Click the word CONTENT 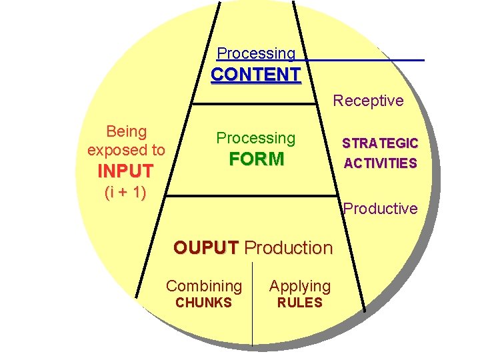click(256, 74)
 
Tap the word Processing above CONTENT click(256, 53)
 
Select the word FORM click(256, 159)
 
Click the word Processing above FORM click(256, 138)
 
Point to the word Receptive click(368, 101)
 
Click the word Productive click(380, 209)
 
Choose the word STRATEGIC click(380, 143)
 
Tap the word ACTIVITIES click(380, 163)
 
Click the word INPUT click(125, 171)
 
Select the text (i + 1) click(125, 193)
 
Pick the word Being click(127, 131)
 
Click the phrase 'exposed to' click(126, 150)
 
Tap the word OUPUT click(205, 248)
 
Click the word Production click(288, 248)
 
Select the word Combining click(204, 286)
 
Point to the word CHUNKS click(203, 303)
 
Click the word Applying click(299, 286)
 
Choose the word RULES click(299, 303)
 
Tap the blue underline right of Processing click(360, 61)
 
